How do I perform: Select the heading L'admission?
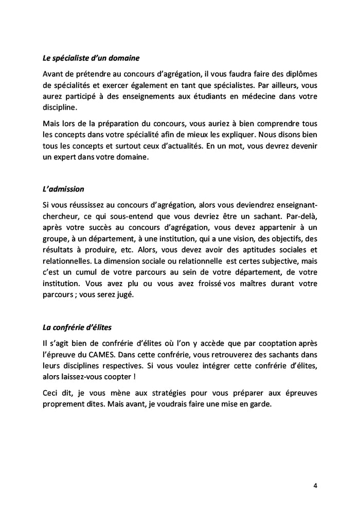point(63,189)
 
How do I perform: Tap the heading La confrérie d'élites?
point(77,327)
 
